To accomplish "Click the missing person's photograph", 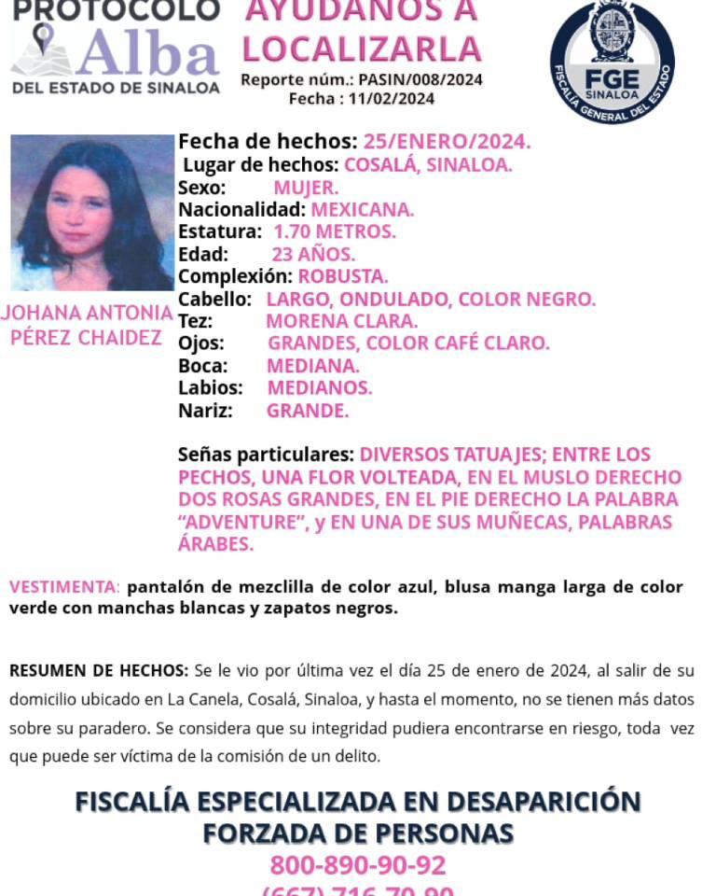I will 91,213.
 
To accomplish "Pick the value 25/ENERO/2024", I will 447,143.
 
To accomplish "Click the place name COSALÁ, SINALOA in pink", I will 428,165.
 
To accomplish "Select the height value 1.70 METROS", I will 334,231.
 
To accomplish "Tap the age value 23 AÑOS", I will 313,254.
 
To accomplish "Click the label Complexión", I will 235,276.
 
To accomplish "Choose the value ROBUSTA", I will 343,276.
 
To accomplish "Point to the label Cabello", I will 214,299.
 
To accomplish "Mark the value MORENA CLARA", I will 341,321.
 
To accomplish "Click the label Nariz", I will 205,411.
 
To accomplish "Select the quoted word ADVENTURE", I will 243,522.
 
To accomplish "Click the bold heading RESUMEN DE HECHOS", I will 98,670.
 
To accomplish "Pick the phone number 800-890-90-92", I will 358,865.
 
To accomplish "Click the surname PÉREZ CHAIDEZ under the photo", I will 86,338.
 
